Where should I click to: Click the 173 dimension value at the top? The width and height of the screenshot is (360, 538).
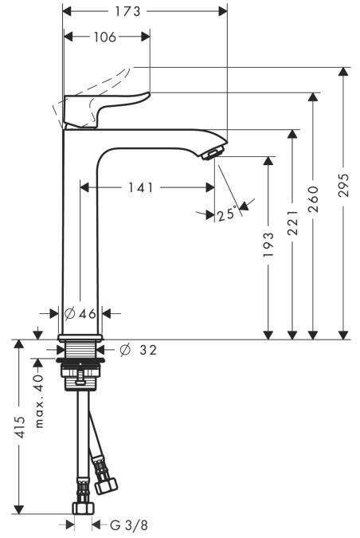coord(127,11)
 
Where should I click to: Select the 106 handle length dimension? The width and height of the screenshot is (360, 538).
coord(105,37)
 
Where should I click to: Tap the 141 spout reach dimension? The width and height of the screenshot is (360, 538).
coord(141,187)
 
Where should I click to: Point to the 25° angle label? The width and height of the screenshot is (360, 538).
coord(227,214)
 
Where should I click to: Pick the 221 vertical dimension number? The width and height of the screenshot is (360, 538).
coord(292,222)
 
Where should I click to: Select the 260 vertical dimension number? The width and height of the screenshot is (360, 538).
coord(313,198)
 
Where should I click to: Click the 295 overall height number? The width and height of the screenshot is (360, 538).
coord(342,185)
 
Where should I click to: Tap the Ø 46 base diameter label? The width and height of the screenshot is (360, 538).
coord(80,313)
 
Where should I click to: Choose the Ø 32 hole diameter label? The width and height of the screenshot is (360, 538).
coord(139,350)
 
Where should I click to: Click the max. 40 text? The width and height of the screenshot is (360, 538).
coord(40,401)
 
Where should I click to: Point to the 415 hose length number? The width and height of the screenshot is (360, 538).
coord(21,427)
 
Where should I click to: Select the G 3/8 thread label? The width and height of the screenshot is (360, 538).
coord(129,525)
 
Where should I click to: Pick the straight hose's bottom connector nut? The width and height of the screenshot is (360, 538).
coord(83,508)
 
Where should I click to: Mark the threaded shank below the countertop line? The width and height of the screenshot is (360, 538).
coord(80,350)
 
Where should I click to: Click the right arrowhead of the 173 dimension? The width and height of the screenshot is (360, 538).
coord(223,11)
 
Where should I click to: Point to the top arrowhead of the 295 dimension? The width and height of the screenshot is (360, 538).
coord(342,72)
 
